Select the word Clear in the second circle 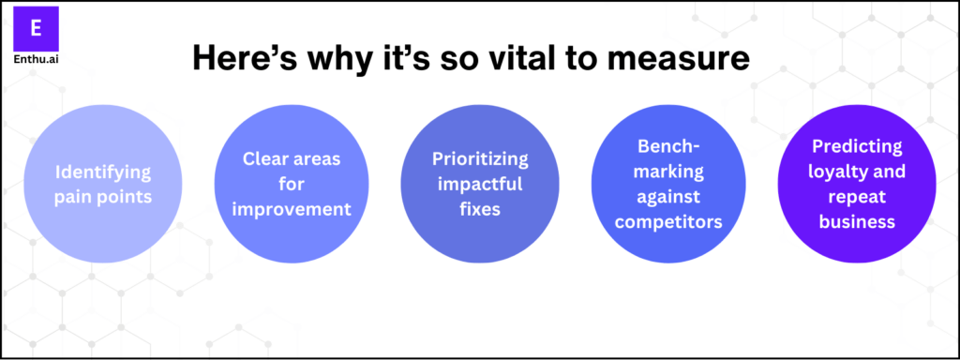click(x=258, y=158)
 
